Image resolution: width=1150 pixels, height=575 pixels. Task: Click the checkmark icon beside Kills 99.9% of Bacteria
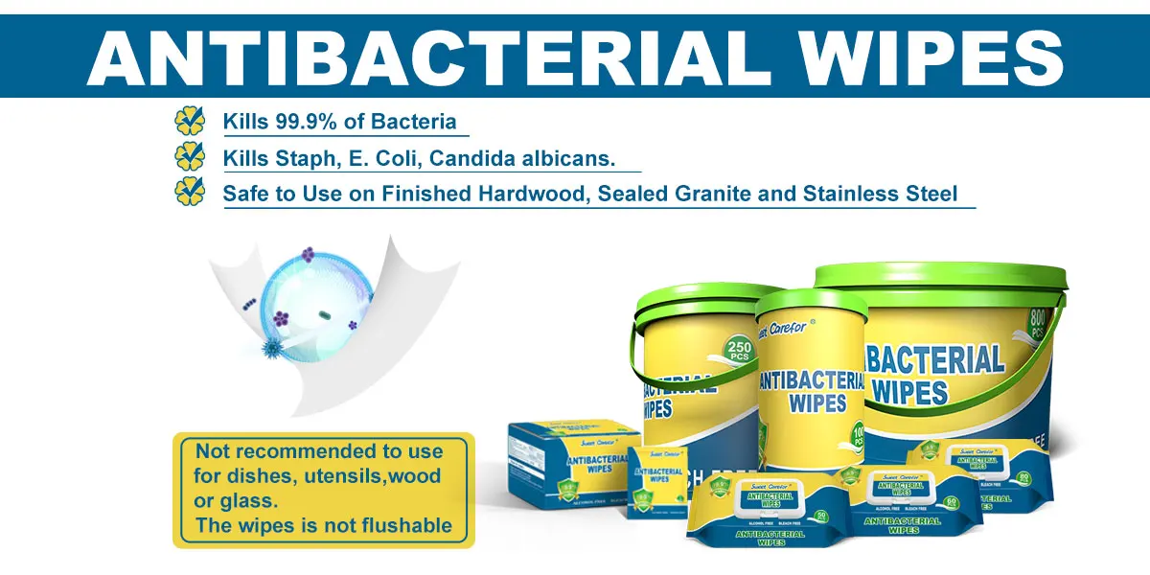click(190, 121)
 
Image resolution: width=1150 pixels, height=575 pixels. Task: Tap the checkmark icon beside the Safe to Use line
click(190, 192)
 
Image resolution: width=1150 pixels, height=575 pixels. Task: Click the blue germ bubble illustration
click(305, 298)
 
